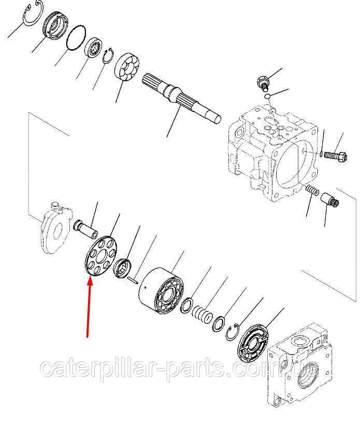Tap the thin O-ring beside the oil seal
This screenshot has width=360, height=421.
(76, 37)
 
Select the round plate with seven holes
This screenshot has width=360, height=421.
(100, 255)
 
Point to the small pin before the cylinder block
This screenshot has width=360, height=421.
(133, 280)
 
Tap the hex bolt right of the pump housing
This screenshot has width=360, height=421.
(336, 156)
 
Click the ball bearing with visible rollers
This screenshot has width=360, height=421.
(127, 66)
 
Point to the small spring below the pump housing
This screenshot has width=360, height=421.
(312, 190)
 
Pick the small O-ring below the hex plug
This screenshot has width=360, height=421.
(267, 96)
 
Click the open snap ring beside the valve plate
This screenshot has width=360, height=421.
(232, 332)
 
